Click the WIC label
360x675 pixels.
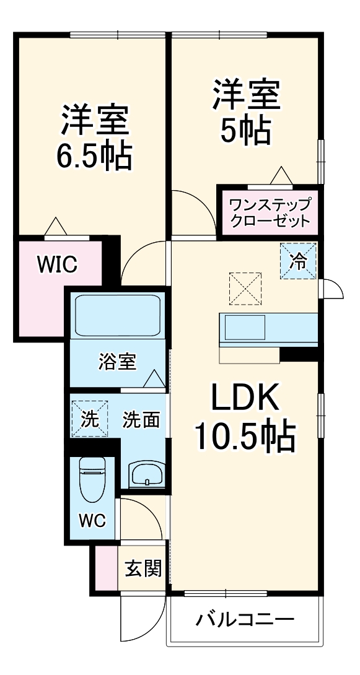pos(57,265)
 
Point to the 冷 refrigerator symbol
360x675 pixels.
pos(298,261)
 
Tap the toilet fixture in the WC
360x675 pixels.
pos(92,487)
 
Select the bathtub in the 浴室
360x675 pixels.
pos(118,316)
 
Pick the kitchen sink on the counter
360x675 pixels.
pos(245,328)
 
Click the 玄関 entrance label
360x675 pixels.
pos(143,568)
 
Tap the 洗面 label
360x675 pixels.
pos(141,420)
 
